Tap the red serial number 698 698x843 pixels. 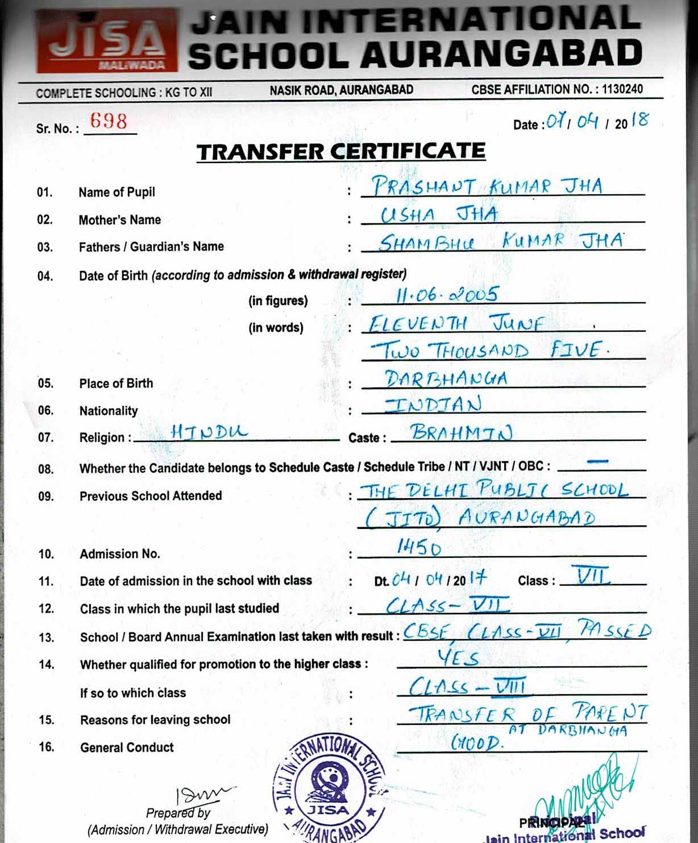click(x=109, y=121)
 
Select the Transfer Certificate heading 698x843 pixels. click(x=341, y=152)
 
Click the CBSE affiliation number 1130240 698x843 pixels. click(x=622, y=89)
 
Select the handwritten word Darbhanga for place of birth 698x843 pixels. click(x=446, y=378)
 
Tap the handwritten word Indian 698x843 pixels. click(x=433, y=404)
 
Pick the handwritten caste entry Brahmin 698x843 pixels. click(x=462, y=433)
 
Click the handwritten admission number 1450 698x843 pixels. click(x=419, y=547)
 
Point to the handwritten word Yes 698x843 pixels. click(x=458, y=658)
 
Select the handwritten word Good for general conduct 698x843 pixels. click(x=476, y=742)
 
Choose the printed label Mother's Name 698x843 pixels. click(x=120, y=220)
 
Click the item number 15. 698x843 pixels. click(x=47, y=720)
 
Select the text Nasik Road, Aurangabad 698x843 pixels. click(x=341, y=90)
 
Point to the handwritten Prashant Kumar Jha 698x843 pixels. click(x=487, y=186)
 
